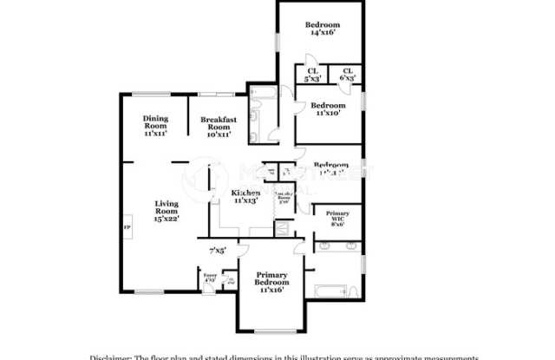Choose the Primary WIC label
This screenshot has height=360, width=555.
pyautogui.click(x=336, y=219)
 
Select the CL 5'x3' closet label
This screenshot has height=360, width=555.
pyautogui.click(x=312, y=75)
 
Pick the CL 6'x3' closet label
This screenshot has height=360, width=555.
pyautogui.click(x=348, y=75)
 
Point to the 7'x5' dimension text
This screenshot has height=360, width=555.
pyautogui.click(x=218, y=252)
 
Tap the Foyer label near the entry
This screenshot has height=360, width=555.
pyautogui.click(x=209, y=278)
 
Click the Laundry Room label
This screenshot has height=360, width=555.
pyautogui.click(x=284, y=198)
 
